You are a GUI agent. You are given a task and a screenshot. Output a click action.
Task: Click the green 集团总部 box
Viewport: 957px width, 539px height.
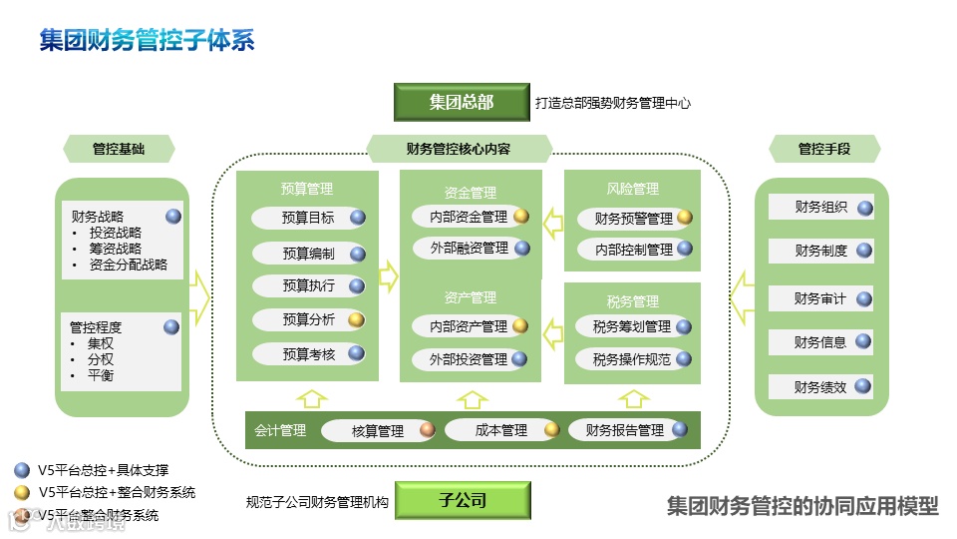(462, 102)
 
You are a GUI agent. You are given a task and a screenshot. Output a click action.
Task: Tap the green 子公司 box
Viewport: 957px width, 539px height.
(463, 500)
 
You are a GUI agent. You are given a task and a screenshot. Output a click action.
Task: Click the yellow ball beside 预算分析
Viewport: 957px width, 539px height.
(356, 320)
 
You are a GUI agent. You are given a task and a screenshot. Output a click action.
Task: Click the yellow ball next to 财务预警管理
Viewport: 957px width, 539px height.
(684, 218)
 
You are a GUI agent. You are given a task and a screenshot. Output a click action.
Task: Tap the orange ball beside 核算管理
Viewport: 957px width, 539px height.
(427, 431)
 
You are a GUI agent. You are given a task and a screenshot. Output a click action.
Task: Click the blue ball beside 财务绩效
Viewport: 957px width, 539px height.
(864, 387)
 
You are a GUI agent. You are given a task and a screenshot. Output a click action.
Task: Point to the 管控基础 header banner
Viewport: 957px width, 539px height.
(119, 150)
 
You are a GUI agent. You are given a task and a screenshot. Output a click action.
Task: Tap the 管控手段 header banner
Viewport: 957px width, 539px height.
(824, 150)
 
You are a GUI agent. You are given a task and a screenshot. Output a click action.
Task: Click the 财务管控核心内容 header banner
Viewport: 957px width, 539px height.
(459, 150)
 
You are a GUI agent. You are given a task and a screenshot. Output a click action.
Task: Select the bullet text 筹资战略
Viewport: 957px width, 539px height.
(116, 249)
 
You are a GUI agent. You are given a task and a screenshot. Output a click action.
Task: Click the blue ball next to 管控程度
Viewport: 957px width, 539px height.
(171, 326)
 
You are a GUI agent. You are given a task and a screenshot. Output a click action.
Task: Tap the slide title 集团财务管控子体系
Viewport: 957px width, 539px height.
(148, 40)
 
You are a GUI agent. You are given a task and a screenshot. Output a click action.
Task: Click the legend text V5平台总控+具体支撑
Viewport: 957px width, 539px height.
(104, 470)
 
